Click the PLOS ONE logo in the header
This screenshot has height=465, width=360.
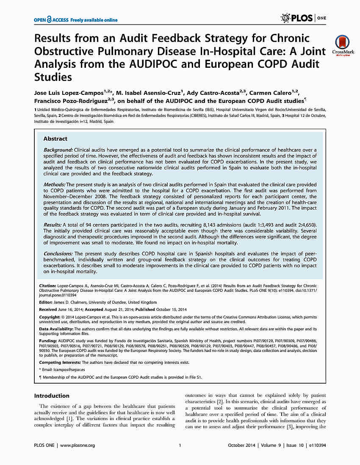point(303,18)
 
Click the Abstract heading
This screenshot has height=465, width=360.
point(55,138)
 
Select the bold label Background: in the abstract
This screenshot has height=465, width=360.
point(58,150)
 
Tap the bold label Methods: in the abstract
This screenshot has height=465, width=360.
point(54,185)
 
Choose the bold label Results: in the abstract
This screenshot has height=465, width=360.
point(53,224)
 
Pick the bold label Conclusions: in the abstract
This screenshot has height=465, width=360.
point(58,253)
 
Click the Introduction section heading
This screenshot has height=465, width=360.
point(52,396)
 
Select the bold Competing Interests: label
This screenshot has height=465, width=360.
point(60,363)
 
